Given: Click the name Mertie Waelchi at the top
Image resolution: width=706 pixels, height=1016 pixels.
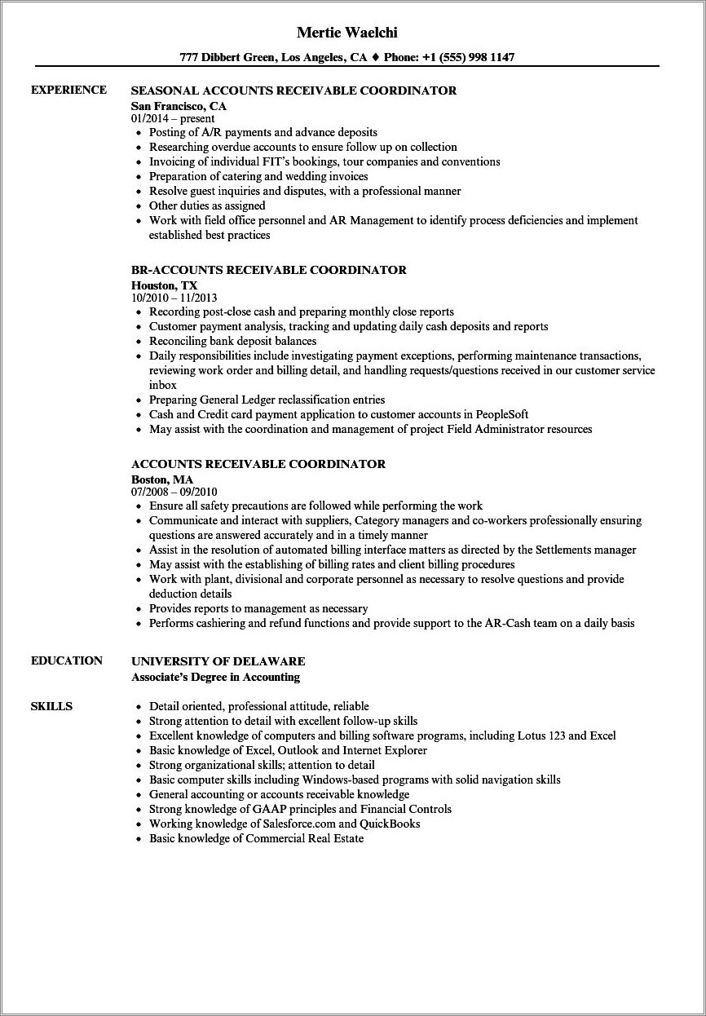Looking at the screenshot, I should [352, 33].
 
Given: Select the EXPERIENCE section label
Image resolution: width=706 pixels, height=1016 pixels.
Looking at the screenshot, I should [68, 90].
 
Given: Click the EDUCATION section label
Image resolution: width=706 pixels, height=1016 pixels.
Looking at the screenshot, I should [67, 660].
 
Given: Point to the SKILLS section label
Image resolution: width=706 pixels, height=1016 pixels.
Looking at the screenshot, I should [51, 706].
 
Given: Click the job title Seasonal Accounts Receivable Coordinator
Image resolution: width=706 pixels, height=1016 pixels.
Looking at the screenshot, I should [293, 91].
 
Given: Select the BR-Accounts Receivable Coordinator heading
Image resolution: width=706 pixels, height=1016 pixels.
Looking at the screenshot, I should [268, 270].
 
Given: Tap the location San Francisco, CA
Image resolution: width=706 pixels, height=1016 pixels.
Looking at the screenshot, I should [179, 106].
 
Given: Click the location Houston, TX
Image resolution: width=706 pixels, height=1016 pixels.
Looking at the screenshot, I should [164, 285].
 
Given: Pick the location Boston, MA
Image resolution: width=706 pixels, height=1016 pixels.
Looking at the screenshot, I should [161, 479].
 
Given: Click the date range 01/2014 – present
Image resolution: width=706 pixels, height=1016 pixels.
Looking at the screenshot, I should [173, 118].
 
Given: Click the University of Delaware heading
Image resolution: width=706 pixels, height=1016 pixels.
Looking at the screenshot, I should [218, 661].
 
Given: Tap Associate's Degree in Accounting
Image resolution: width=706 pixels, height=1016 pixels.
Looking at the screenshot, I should [215, 677].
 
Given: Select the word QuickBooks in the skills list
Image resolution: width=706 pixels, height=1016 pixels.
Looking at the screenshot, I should [389, 824].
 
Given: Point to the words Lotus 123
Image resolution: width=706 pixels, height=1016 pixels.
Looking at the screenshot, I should [541, 735].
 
